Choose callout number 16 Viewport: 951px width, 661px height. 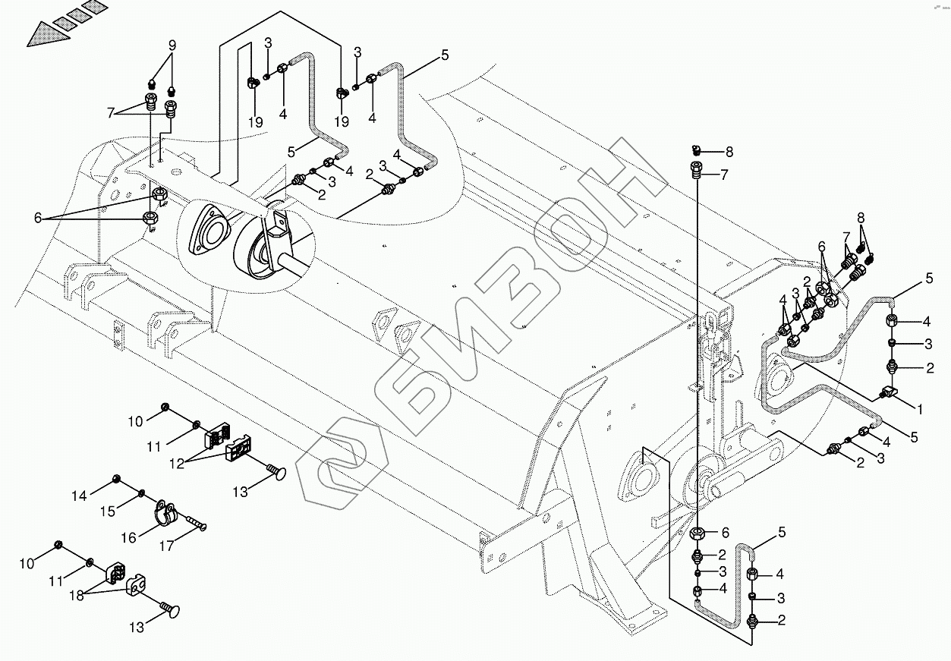[128, 537]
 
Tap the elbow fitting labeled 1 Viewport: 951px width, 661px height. [889, 393]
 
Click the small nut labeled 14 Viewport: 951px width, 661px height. [115, 479]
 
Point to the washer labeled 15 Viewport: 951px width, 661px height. [141, 494]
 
